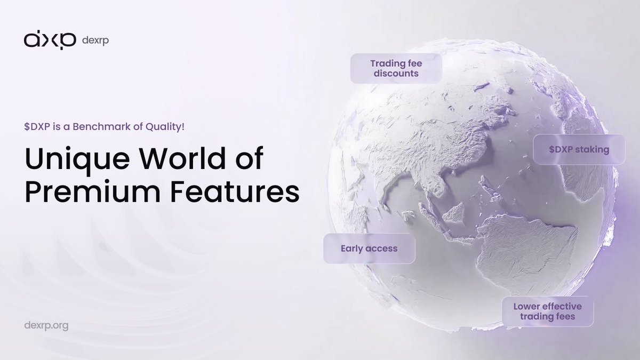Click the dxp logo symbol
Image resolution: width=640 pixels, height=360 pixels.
click(50, 41)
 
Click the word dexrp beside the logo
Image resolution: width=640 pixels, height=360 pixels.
click(96, 41)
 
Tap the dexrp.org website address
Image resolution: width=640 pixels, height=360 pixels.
click(46, 325)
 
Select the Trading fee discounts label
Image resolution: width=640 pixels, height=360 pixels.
click(396, 68)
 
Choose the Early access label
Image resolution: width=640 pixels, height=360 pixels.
click(369, 249)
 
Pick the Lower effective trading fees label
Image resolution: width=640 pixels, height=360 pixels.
click(547, 311)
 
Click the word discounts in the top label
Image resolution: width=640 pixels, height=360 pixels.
click(396, 74)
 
